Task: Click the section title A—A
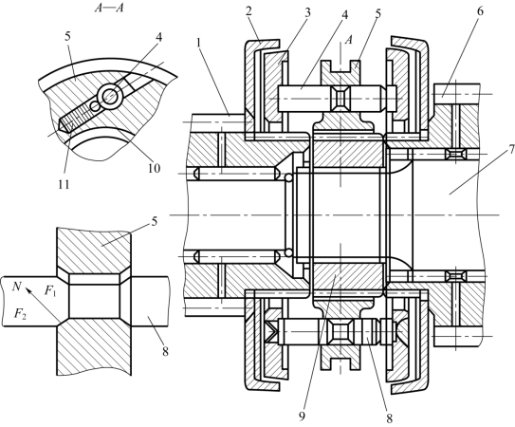pyautogui.click(x=109, y=8)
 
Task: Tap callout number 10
pyautogui.click(x=154, y=168)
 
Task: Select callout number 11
pyautogui.click(x=64, y=185)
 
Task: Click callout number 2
pyautogui.click(x=248, y=11)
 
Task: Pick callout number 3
pyautogui.click(x=307, y=12)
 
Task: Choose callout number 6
pyautogui.click(x=480, y=11)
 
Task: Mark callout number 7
pyautogui.click(x=511, y=150)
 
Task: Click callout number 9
pyautogui.click(x=303, y=416)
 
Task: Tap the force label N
pyautogui.click(x=16, y=287)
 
